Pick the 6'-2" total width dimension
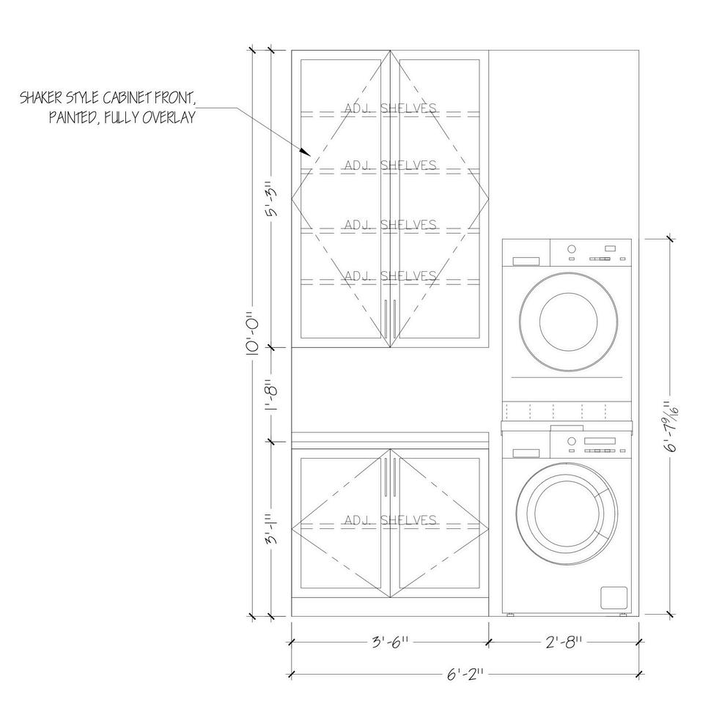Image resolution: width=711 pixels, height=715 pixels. [x=465, y=674]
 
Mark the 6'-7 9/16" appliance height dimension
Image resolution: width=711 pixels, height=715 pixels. [x=671, y=426]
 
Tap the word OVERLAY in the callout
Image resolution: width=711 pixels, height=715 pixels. [x=169, y=118]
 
